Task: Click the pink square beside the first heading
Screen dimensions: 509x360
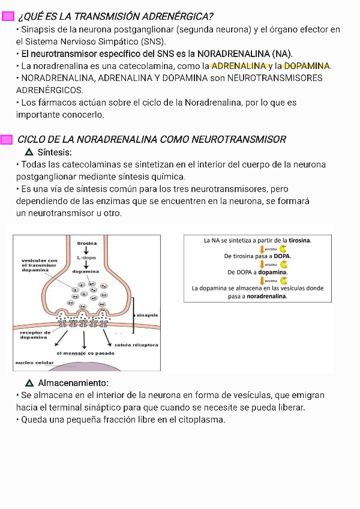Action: tap(8, 16)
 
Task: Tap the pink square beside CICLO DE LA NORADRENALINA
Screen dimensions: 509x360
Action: tap(7, 140)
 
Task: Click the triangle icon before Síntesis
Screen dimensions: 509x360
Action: tap(29, 152)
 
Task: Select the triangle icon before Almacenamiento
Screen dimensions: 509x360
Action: tap(29, 383)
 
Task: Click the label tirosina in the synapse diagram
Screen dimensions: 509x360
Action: tap(87, 243)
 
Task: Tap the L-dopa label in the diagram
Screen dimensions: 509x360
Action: tap(86, 258)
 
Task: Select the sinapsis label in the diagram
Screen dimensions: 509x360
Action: tap(147, 315)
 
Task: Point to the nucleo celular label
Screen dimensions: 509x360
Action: tap(34, 363)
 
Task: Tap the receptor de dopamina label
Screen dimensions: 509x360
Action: tap(35, 334)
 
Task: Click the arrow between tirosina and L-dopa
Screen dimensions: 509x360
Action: tap(86, 250)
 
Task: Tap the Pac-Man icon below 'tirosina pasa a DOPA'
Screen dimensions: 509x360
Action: tap(284, 264)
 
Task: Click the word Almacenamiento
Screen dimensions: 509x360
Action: tap(73, 383)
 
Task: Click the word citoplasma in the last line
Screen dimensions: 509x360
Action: tap(201, 420)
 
